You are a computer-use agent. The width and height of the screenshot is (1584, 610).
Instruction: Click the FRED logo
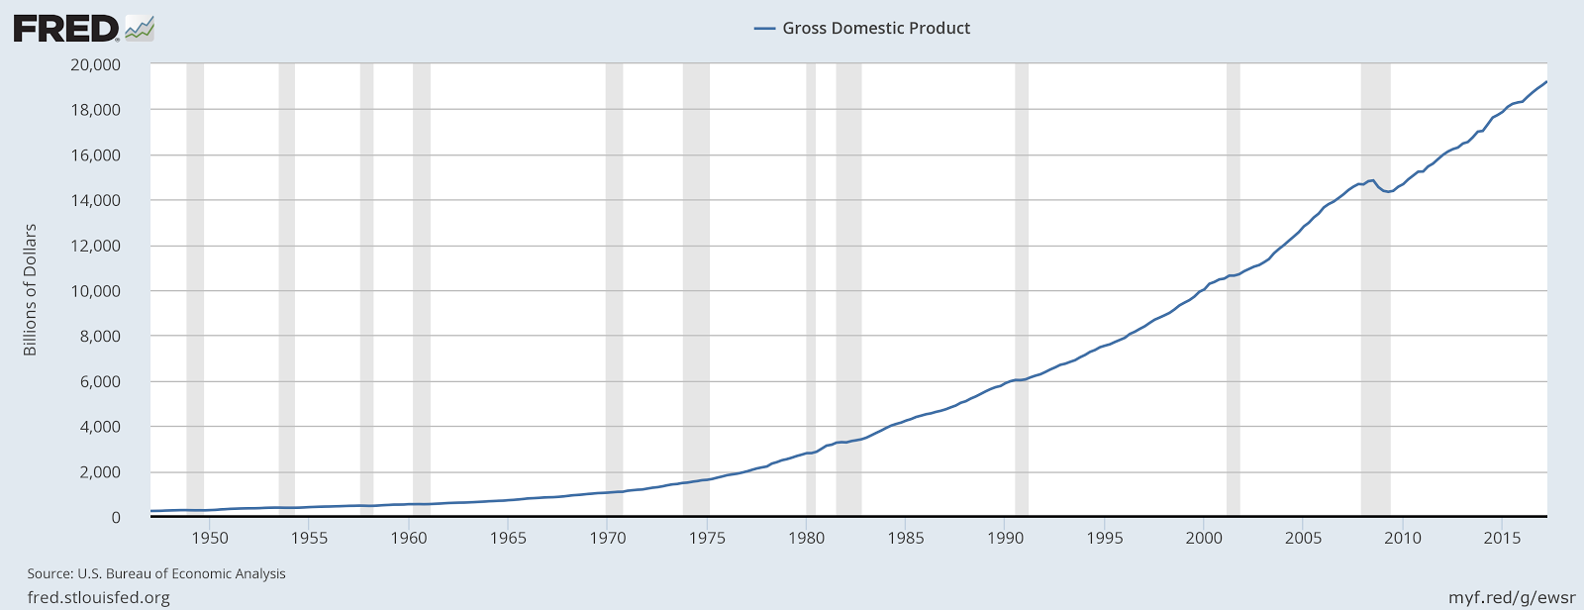(83, 28)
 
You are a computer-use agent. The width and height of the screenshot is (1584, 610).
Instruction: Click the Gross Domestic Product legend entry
(862, 28)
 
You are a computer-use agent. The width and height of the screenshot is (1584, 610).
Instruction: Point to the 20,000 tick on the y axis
(95, 64)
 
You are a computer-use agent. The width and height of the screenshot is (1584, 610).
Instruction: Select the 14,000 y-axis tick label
(95, 200)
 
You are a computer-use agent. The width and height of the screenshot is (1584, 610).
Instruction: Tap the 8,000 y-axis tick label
(99, 337)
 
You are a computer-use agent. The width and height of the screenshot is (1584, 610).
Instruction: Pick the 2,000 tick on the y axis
(99, 472)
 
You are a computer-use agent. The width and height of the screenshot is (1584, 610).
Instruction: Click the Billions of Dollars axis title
(30, 289)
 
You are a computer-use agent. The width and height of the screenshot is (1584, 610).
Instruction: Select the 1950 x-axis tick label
(209, 538)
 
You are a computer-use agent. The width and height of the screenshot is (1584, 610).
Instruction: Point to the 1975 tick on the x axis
(707, 538)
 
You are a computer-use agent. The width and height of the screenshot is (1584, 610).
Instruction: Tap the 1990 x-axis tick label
(1005, 538)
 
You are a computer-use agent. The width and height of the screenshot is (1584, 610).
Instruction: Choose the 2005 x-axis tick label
(1304, 538)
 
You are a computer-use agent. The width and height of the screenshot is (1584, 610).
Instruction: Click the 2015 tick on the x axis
(1502, 538)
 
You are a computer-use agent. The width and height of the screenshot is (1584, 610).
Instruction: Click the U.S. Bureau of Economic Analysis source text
(156, 573)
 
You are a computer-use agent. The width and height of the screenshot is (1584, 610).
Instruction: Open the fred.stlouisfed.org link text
(98, 597)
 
